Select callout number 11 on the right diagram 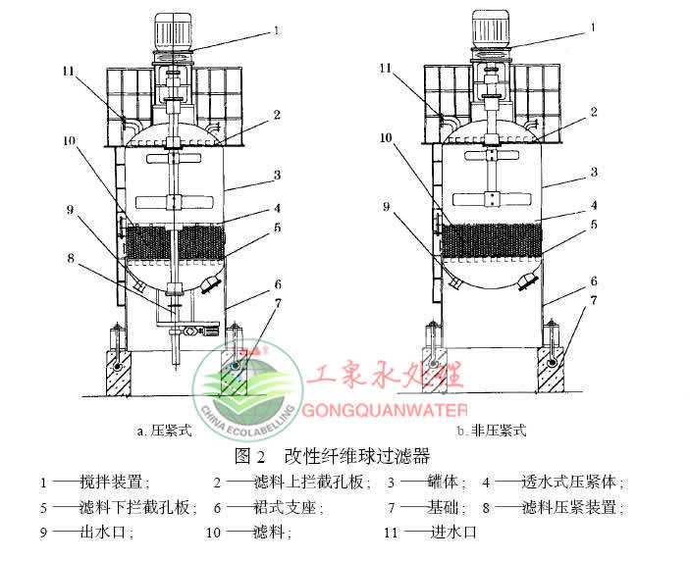pos(387,70)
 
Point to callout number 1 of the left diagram pos(276,30)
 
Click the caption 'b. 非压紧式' pos(492,430)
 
